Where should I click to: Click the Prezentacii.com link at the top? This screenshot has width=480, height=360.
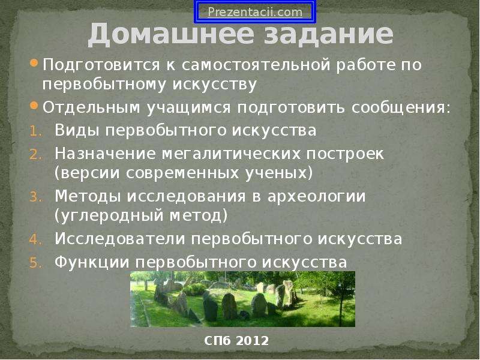point(255,12)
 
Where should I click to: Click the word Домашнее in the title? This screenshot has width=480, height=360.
point(171,34)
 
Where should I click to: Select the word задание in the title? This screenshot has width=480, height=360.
point(328,34)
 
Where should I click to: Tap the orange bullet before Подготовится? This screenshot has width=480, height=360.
point(34,64)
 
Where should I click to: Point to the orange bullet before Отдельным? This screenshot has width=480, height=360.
point(34,106)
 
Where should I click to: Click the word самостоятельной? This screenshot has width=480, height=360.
point(256,65)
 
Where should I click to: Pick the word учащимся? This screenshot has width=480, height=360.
point(188,108)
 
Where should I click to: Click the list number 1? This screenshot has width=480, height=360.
point(36,131)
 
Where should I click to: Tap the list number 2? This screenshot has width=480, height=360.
point(36,155)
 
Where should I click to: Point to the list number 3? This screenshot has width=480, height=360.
point(36,197)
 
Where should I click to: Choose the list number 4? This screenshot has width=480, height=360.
point(36,239)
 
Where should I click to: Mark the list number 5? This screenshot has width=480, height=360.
point(36,263)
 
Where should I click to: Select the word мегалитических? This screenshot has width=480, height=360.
point(231,154)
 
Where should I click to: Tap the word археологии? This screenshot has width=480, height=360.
point(317,196)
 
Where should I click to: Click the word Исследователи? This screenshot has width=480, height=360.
point(120,239)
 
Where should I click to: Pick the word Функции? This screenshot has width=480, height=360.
point(92,263)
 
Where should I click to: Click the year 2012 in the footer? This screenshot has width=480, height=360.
point(253,340)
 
